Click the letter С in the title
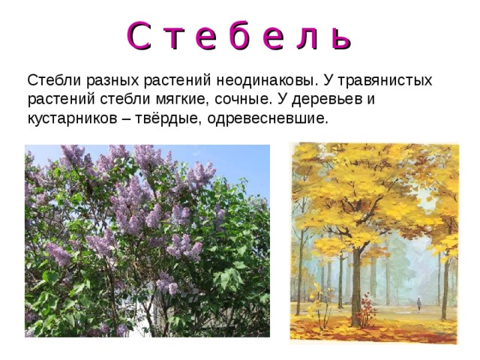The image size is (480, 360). pos(139,35)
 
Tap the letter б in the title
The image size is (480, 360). pos(258,35)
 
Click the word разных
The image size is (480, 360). pos(102,81)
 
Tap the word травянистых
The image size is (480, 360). pos(384,79)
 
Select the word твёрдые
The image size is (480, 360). pos(164,119)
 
